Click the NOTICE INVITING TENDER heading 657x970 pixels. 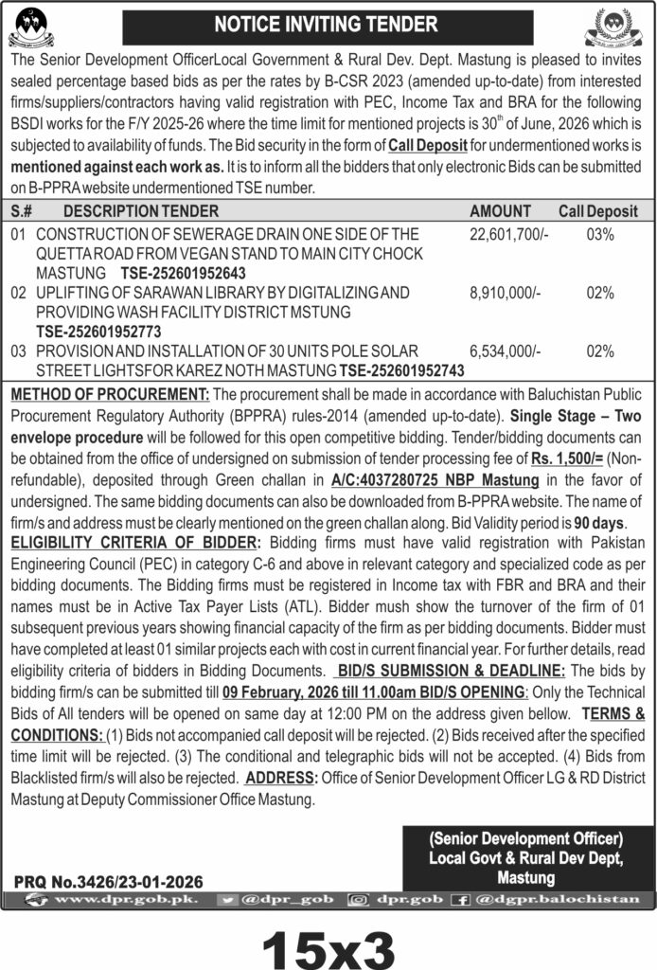328,25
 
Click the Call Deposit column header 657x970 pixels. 597,211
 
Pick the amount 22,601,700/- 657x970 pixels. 508,234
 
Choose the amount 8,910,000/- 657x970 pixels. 505,294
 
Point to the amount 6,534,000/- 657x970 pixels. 505,350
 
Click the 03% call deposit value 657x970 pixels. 600,234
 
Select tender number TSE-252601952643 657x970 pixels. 181,273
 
